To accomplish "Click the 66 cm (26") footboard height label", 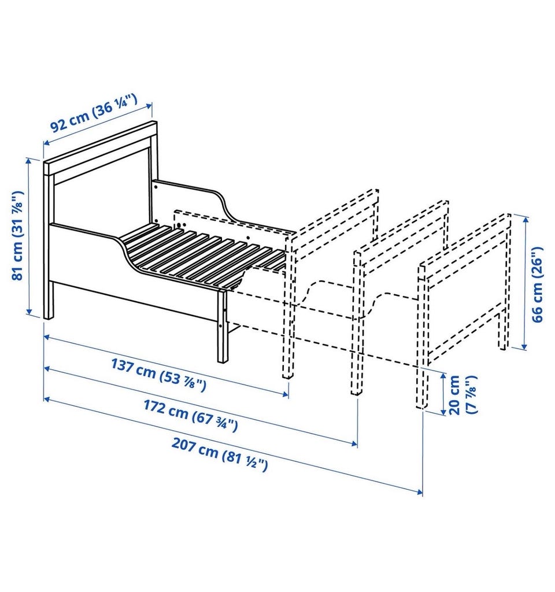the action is point(537,284).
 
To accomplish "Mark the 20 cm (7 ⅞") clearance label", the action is point(463,394).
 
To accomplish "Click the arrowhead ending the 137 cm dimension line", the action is point(286,394).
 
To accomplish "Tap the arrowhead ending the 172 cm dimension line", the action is point(354,443).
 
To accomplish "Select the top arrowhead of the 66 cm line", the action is point(524,219).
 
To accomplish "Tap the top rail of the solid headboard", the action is point(100,147).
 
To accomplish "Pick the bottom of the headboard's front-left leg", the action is point(49,318).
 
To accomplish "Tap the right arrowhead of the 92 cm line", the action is point(150,105).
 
